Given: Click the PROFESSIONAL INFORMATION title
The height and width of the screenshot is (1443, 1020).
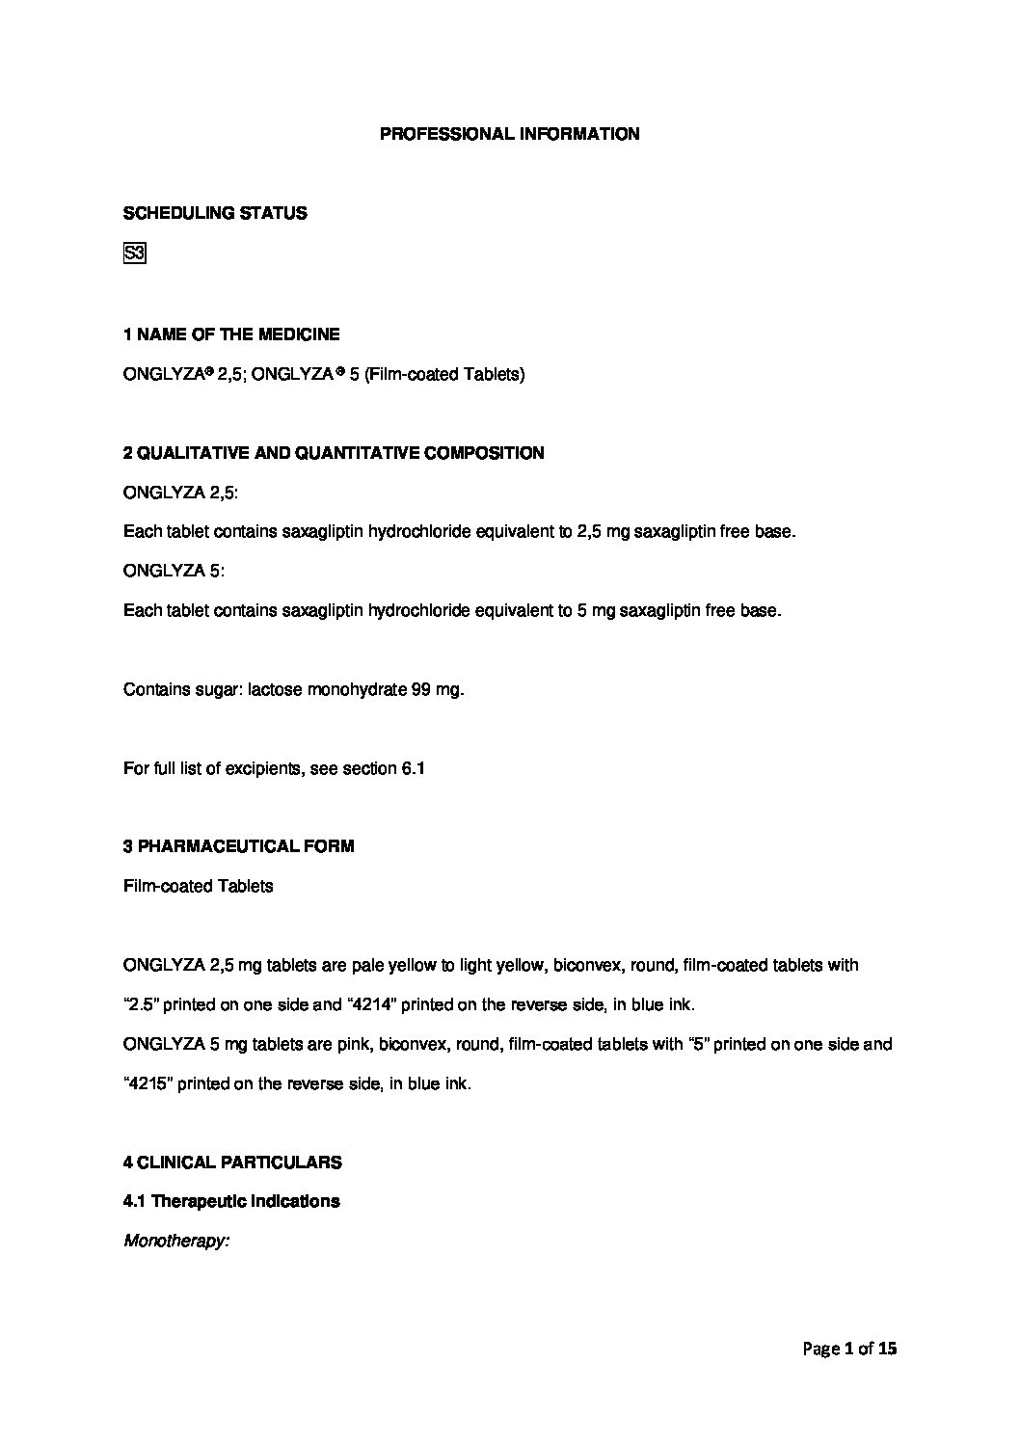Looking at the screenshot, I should tap(509, 134).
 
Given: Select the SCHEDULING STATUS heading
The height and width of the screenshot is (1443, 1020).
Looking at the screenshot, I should tap(215, 213).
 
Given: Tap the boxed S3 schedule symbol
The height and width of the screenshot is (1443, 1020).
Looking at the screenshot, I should tap(134, 254).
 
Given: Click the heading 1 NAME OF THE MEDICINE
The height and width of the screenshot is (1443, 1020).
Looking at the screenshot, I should tap(231, 334).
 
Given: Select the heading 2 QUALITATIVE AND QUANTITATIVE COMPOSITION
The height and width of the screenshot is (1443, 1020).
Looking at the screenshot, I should tap(334, 452).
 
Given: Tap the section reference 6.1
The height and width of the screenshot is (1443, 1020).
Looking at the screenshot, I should tap(413, 768).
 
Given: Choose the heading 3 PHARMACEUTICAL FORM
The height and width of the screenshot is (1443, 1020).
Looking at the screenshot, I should tap(238, 846).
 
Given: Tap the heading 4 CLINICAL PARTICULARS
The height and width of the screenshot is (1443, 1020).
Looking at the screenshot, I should tap(232, 1162).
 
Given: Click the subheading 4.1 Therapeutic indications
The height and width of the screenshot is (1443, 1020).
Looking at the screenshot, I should tap(231, 1201).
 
